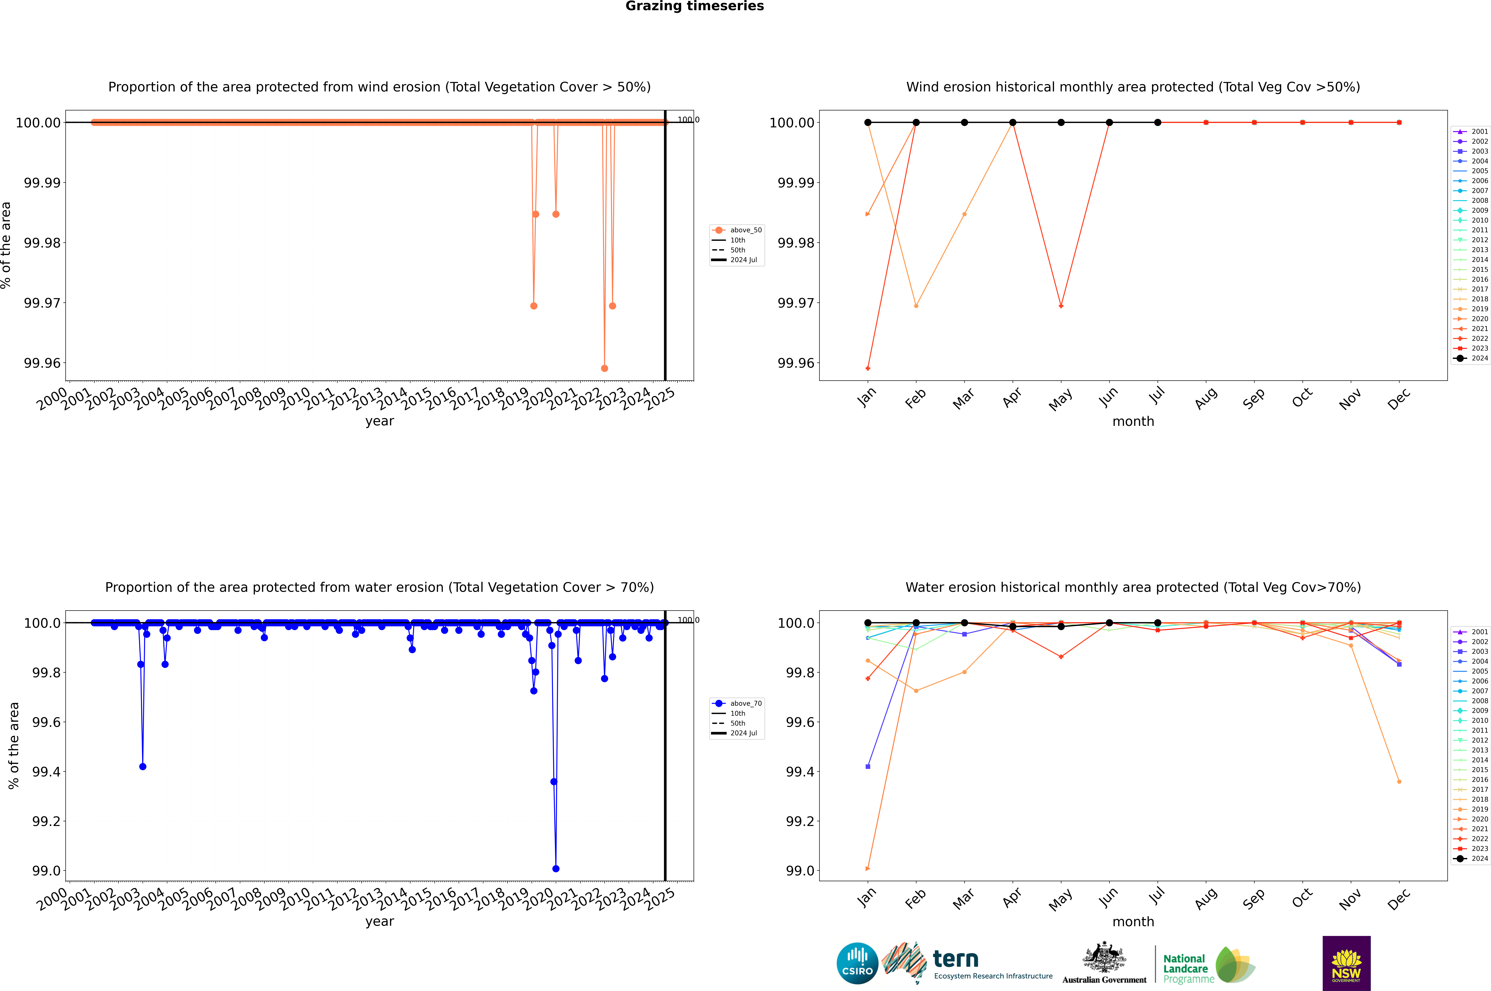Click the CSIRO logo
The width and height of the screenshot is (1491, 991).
coord(857,963)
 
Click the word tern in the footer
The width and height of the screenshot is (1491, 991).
coord(956,959)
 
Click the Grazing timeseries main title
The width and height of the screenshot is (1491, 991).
coord(695,6)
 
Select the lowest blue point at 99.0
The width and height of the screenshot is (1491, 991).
coord(556,868)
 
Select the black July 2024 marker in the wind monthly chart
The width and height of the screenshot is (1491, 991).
coord(1157,123)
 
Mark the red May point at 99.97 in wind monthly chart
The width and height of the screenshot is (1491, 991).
coord(1061,306)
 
